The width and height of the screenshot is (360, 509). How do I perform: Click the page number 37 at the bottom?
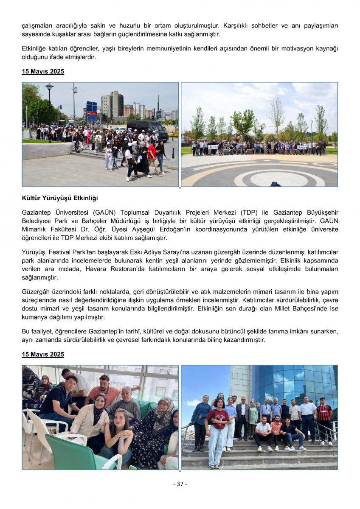point(180,484)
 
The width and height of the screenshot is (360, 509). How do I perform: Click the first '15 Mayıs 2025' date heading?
point(43,72)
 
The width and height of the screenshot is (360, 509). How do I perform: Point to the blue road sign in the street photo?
point(91,106)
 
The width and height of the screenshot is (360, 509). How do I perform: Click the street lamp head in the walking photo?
point(49,87)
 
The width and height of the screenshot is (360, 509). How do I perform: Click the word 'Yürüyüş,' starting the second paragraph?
point(34,252)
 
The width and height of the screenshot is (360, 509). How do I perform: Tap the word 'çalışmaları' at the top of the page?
point(37,26)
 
